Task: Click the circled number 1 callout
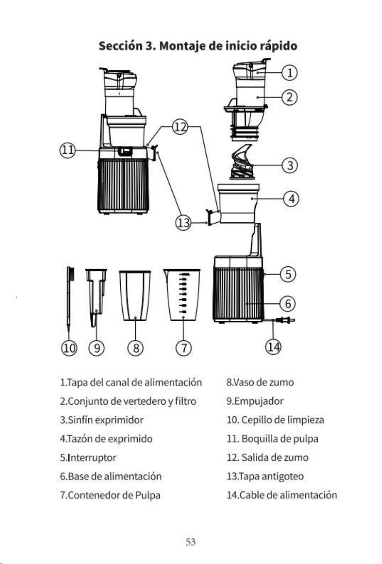tap(289, 73)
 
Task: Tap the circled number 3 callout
tap(290, 165)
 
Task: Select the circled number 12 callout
tap(180, 127)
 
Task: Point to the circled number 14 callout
tap(273, 347)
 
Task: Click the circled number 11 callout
tap(67, 150)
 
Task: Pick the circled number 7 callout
tap(183, 348)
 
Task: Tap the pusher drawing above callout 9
tap(96, 297)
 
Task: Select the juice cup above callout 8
tap(135, 296)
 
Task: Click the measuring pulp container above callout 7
tap(182, 295)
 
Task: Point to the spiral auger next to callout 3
tap(242, 161)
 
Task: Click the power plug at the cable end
tap(286, 320)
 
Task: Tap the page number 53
tap(191, 542)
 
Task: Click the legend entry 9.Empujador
tap(255, 401)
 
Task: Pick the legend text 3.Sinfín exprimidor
tap(102, 420)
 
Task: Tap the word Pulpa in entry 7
tap(148, 495)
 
